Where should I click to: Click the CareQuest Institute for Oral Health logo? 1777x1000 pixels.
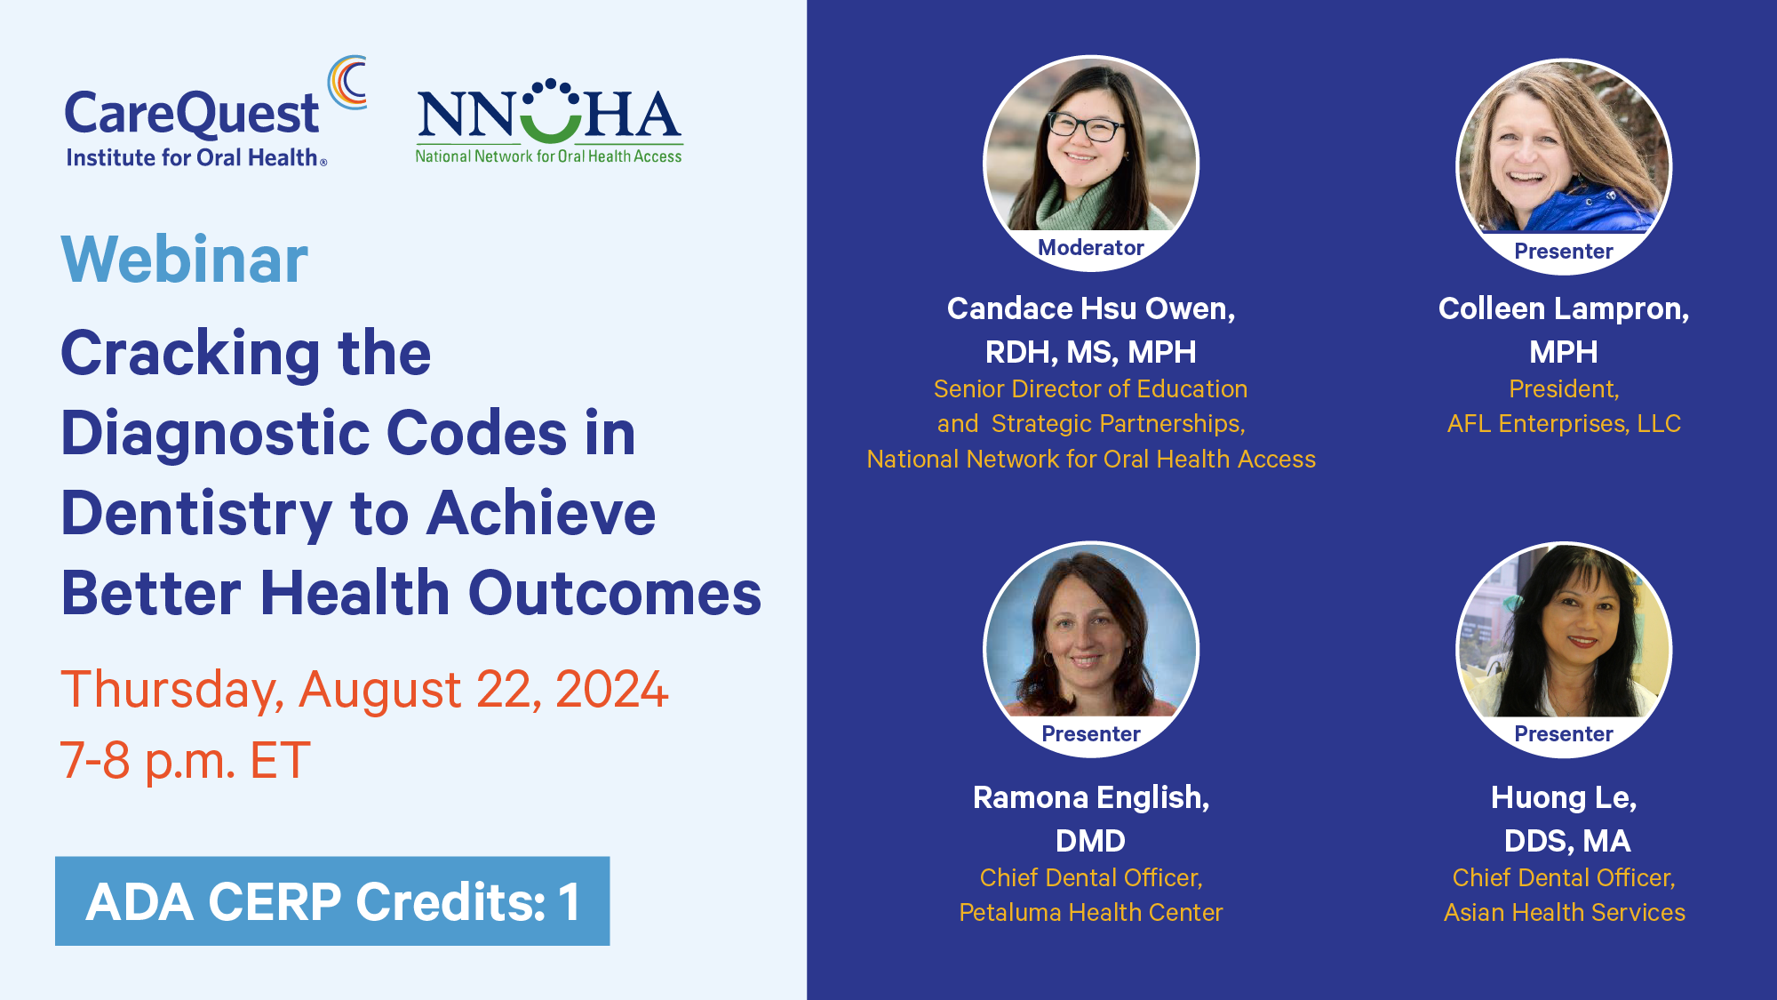[x=215, y=112]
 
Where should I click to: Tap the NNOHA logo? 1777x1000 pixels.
[x=549, y=122]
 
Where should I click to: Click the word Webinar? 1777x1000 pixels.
[x=185, y=260]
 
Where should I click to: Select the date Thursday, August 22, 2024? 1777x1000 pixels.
[x=364, y=691]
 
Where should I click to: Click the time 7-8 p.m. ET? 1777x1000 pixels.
[x=185, y=761]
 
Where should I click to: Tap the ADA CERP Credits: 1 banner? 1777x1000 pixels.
[x=332, y=901]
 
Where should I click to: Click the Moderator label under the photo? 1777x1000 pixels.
[x=1091, y=248]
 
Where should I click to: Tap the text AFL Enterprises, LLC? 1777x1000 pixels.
[x=1564, y=424]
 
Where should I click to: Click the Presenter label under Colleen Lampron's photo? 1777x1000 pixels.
[x=1564, y=252]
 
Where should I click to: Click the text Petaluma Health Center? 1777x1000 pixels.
[x=1091, y=913]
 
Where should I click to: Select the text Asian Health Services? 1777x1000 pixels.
[x=1564, y=913]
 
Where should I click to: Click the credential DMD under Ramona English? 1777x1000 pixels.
[x=1091, y=841]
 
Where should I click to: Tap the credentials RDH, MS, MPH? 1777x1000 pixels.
[x=1091, y=353]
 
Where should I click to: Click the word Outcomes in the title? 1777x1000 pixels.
[x=615, y=594]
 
